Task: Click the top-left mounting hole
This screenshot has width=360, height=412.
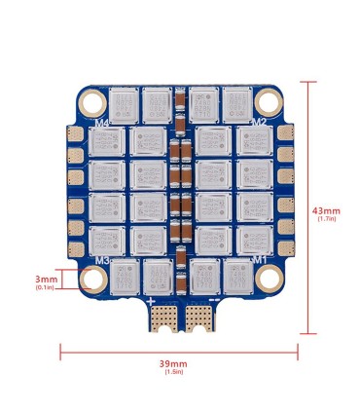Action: click(92, 101)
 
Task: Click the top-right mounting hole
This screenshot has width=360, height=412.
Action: click(266, 101)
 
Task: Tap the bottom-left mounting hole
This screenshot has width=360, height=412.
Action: click(92, 281)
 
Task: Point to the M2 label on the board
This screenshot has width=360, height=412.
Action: click(259, 122)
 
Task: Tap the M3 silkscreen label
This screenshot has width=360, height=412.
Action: click(101, 260)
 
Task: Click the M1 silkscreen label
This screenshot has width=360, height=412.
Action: click(259, 260)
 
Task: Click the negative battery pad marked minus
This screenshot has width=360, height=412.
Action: click(199, 316)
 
